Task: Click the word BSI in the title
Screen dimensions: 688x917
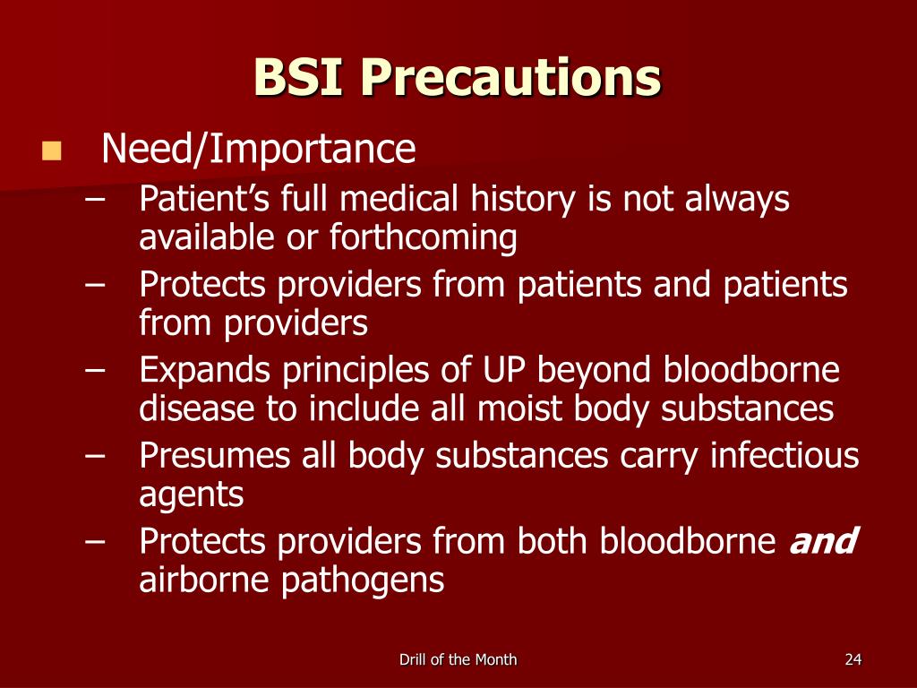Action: click(300, 78)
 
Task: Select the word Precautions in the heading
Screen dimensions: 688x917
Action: click(511, 78)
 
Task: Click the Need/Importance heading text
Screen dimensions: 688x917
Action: click(259, 150)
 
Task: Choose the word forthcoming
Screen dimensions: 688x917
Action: click(423, 237)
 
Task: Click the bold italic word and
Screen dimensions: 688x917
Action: click(823, 541)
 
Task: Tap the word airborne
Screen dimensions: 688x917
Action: click(206, 580)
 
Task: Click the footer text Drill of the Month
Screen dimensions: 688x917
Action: click(458, 660)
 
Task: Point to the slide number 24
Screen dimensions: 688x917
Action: click(853, 660)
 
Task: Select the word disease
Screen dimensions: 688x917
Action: click(196, 409)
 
